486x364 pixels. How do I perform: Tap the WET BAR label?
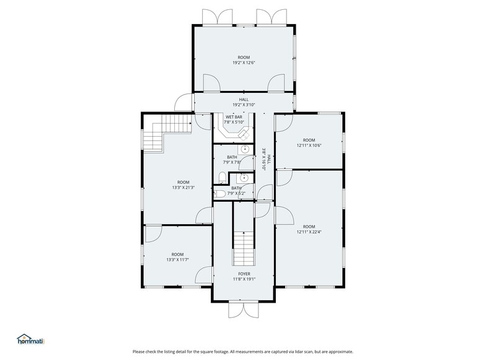[x=234, y=117]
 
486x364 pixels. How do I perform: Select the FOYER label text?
[x=244, y=274]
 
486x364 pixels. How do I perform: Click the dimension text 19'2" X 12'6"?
[x=244, y=63]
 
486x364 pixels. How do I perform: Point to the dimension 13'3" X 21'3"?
[x=183, y=187]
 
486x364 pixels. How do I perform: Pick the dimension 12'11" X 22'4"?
[x=309, y=232]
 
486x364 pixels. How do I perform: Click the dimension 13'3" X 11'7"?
[x=177, y=260]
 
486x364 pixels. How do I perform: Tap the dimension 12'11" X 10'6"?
[x=309, y=145]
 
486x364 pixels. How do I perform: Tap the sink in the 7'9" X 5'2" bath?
[x=244, y=178]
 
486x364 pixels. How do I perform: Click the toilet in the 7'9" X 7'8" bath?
[x=222, y=178]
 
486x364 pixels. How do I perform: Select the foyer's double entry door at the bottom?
[x=244, y=310]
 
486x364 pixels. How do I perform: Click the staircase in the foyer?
[x=244, y=249]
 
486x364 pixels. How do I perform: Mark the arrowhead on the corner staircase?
[x=190, y=123]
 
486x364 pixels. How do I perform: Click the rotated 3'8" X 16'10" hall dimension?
[x=264, y=158]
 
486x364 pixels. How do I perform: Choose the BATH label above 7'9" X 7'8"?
[x=232, y=157]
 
